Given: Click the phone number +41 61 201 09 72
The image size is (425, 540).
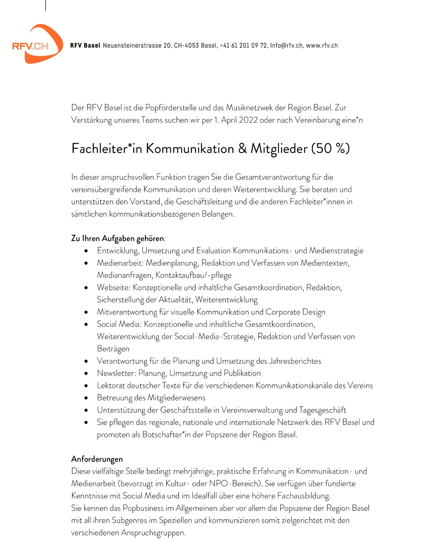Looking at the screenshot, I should coord(243,46).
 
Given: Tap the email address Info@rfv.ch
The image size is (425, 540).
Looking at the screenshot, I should coord(287,46).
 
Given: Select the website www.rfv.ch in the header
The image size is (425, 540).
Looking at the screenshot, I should coord(322,46).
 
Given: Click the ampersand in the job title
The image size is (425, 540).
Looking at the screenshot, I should coord(242,149).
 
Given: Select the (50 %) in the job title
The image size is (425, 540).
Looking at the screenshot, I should coord(330,149).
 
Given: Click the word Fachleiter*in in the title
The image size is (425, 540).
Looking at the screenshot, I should coord(107,149).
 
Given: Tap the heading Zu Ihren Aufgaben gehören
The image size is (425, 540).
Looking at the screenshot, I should coord(118,238).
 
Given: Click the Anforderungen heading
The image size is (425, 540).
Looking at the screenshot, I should coord(97,459).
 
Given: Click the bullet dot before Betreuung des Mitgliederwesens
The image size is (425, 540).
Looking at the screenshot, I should coord(86,398).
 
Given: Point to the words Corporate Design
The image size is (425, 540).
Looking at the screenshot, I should coord(295,312).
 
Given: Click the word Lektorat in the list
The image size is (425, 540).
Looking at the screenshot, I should coord(111,385).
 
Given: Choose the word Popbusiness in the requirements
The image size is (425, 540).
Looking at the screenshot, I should coord(143,508).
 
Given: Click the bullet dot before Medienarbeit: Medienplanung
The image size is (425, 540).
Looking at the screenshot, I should coord(86,263).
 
